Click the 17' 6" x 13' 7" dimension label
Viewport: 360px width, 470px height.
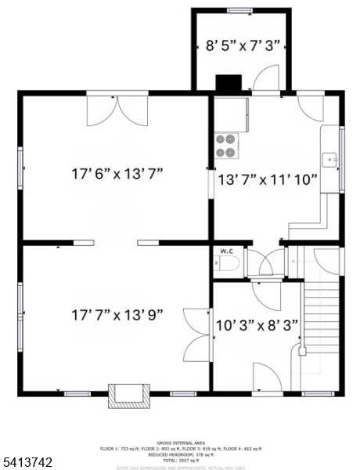coord(116,173)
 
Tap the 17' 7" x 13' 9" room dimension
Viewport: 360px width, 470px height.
coord(116,314)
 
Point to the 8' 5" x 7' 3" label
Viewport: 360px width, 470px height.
coord(240,45)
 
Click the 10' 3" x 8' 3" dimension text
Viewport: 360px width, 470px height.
coord(257,325)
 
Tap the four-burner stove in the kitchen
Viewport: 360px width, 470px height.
coord(226,145)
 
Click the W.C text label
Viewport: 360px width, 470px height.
coord(227,251)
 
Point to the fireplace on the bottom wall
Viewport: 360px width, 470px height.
coord(128,396)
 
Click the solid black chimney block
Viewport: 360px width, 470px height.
coord(229,83)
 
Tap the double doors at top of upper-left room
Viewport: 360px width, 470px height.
coord(116,110)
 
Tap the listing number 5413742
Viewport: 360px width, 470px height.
coord(27,463)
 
